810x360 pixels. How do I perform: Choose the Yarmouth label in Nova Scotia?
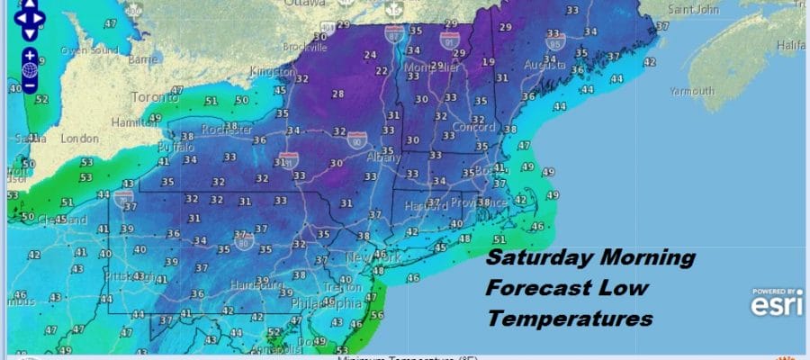click(x=692, y=91)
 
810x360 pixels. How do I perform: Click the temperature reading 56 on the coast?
click(x=375, y=315)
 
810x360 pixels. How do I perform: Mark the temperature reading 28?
click(x=338, y=94)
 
